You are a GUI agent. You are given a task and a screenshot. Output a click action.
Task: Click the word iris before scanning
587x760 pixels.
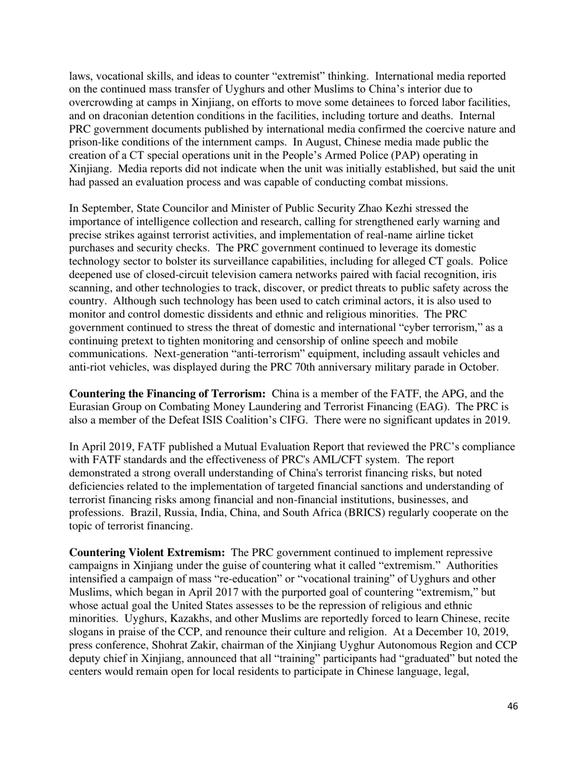pos(498,274)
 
